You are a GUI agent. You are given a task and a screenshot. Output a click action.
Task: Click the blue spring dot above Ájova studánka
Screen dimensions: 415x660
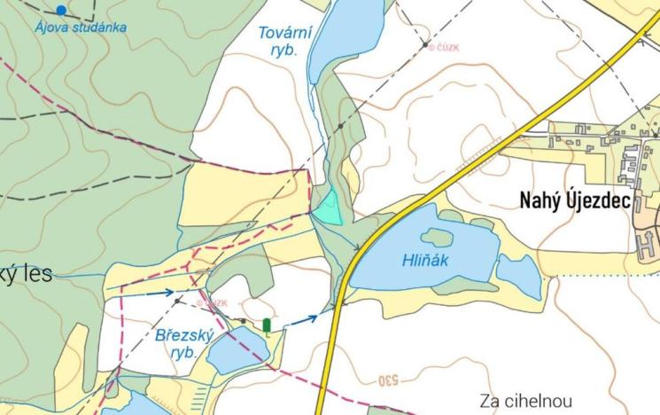[60, 10]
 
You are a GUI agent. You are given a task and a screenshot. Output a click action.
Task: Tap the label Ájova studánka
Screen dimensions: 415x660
[81, 27]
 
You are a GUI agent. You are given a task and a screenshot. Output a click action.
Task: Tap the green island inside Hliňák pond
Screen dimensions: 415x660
[437, 237]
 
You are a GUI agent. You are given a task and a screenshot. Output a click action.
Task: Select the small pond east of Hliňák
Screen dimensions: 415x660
[518, 275]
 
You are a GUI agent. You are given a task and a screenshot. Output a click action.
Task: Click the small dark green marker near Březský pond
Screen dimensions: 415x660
[267, 325]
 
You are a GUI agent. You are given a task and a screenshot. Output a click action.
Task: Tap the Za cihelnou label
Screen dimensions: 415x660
[526, 400]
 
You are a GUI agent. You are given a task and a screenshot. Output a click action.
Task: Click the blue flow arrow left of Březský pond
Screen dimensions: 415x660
[159, 292]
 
